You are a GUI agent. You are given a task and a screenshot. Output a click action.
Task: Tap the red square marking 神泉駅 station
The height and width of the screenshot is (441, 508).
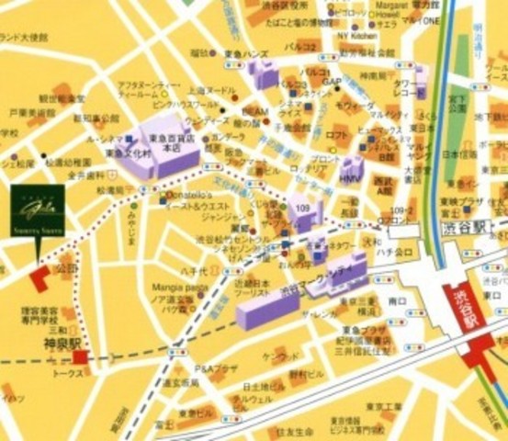[x=81, y=356]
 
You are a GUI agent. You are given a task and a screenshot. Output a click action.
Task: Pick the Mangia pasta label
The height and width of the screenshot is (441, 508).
[x=180, y=288]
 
